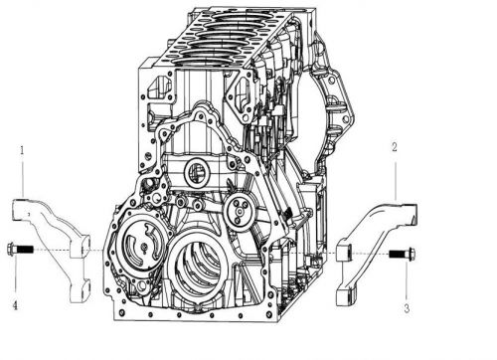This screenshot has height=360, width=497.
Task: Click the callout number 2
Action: click(x=395, y=146)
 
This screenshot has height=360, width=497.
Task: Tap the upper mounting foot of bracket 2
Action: click(x=348, y=250)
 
